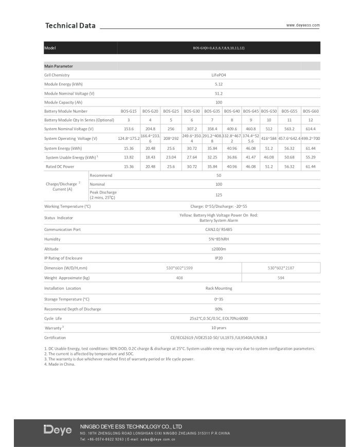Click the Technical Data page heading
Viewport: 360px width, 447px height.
(x=70, y=25)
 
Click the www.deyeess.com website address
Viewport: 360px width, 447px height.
(x=303, y=25)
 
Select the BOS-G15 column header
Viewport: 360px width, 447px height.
(x=129, y=111)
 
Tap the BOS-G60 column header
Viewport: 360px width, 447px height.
(x=311, y=111)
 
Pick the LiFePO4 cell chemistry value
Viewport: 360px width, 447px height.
(x=219, y=75)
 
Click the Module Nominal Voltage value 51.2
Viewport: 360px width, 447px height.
(x=219, y=93)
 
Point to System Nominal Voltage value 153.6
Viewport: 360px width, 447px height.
(x=129, y=129)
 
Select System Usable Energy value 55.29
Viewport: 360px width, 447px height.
(x=311, y=157)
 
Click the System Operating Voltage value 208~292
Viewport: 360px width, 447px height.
(x=171, y=138)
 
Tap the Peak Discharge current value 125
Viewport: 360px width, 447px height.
(x=219, y=195)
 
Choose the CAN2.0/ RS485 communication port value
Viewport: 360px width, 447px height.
(x=219, y=229)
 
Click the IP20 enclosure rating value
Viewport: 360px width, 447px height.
(x=219, y=258)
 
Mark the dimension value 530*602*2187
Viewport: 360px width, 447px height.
(x=281, y=268)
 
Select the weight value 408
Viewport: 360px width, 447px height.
(x=179, y=278)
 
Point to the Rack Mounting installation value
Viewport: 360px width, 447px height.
(x=219, y=288)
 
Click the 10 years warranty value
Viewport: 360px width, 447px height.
(x=219, y=328)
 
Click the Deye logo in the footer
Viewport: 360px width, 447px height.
(x=58, y=430)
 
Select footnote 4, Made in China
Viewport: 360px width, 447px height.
(x=61, y=364)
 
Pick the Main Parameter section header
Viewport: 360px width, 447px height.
(x=59, y=66)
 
